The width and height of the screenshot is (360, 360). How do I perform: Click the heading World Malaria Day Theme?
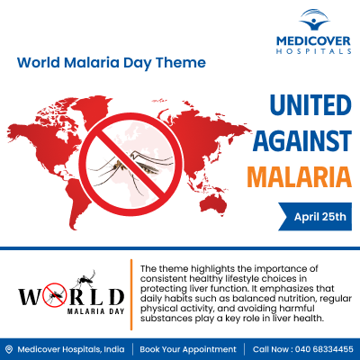[x=112, y=63]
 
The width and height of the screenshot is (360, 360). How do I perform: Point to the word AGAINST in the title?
[x=299, y=140]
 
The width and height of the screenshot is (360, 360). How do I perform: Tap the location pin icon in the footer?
[x=9, y=349]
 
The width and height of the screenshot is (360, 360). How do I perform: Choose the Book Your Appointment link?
[x=188, y=349]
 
